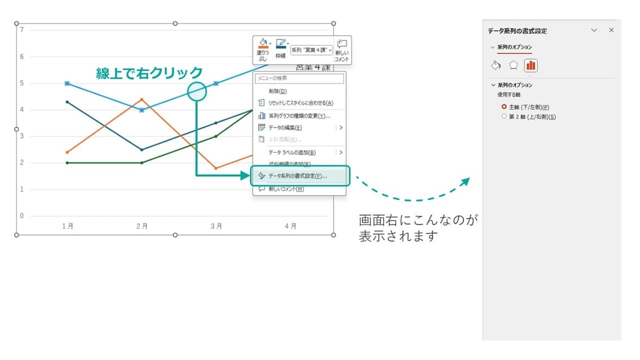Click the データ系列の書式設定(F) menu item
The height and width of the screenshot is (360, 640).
click(x=297, y=176)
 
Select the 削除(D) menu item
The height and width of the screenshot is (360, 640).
click(x=278, y=91)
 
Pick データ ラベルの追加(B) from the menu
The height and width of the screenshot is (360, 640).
click(x=291, y=152)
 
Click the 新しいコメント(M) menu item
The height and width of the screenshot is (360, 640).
click(x=286, y=189)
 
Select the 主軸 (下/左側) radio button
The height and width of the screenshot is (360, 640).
click(x=504, y=106)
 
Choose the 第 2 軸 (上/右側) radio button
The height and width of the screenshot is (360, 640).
click(x=504, y=117)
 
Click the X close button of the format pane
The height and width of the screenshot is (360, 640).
click(x=611, y=30)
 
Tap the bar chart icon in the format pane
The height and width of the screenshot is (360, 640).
click(x=530, y=65)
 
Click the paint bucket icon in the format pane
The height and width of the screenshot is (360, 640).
click(x=496, y=65)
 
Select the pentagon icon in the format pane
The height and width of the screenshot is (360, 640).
click(x=513, y=65)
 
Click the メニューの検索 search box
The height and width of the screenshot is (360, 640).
click(x=299, y=78)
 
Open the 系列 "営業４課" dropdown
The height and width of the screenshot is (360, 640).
click(x=312, y=50)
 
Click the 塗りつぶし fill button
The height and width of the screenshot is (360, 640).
click(x=263, y=49)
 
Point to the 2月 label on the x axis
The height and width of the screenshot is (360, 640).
click(x=141, y=226)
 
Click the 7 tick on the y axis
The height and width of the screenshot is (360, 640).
click(x=22, y=29)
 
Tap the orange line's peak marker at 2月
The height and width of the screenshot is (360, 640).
click(x=141, y=99)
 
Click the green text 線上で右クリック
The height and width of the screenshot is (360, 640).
click(x=149, y=73)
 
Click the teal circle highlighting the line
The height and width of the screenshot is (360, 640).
click(x=197, y=91)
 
